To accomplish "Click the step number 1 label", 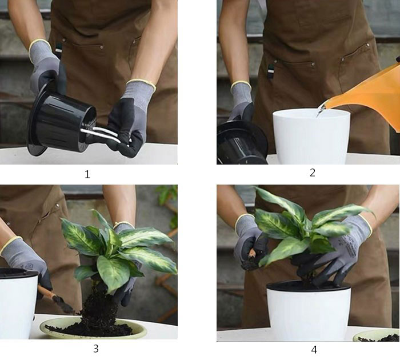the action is (x=87, y=174).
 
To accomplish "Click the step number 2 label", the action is (x=313, y=173).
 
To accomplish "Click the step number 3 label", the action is (x=95, y=349).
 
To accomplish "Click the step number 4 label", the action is (x=314, y=350).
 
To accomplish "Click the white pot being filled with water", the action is (x=311, y=137).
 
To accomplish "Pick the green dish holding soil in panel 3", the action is (x=93, y=329).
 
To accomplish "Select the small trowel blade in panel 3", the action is (x=65, y=306).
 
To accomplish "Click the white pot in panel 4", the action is (x=309, y=310).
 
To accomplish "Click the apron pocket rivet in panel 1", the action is (x=102, y=47).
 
